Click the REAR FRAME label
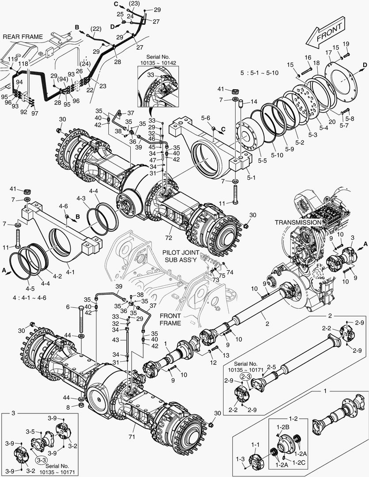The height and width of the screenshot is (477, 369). click(x=23, y=37)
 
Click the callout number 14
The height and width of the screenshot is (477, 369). click(x=254, y=101)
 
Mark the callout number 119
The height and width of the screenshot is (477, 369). click(x=12, y=59)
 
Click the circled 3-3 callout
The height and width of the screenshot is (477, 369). click(x=41, y=460)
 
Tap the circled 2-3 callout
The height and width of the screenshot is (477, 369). click(x=246, y=375)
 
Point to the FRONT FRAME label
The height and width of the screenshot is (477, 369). click(x=170, y=319)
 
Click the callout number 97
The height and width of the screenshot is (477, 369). click(x=34, y=114)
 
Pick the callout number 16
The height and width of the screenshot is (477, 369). click(x=308, y=57)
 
